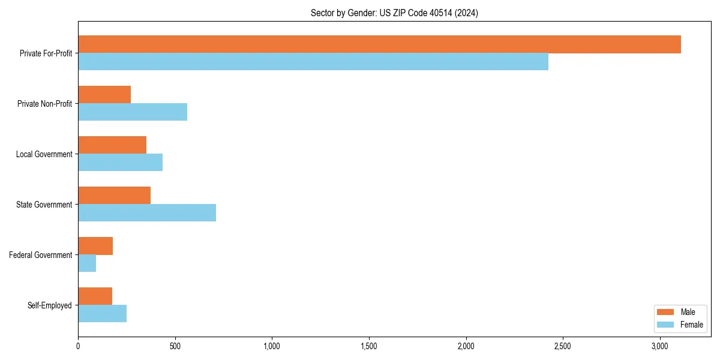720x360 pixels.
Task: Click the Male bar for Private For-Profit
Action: coord(379,44)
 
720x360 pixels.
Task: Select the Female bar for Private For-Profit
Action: coord(313,62)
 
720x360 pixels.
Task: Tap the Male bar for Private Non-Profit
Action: coord(104,95)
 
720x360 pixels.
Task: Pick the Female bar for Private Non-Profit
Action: coord(133,112)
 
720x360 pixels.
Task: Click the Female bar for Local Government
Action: coord(120,163)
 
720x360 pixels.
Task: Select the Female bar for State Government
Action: coord(147,213)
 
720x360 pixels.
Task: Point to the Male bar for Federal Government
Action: coord(95,246)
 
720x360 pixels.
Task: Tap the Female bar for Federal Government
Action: coord(87,263)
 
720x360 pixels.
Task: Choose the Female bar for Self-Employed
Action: coord(102,314)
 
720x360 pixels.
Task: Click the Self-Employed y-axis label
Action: coord(49,305)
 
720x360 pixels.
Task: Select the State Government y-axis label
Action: coord(44,205)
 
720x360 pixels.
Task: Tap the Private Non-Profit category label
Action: coord(44,104)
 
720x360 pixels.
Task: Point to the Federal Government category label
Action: coord(41,255)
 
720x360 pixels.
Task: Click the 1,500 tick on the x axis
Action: coord(369,346)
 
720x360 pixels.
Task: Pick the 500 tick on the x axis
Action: coord(175,346)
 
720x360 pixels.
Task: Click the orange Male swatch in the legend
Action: coord(666,312)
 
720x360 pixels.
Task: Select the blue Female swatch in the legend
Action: coord(666,325)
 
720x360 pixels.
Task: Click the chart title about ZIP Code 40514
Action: coord(394,13)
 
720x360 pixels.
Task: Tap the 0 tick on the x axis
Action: coord(78,346)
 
